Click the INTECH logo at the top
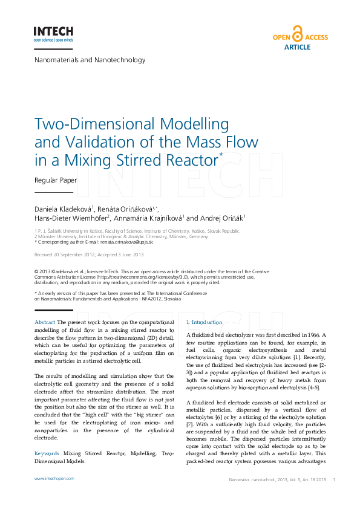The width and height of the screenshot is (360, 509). tap(53, 33)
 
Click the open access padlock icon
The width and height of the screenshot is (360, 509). tap(297, 33)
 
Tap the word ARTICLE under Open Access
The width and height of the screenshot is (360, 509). tap(297, 47)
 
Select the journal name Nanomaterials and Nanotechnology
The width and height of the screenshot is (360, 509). tap(90, 60)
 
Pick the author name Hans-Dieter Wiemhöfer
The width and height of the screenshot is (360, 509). tap(71, 218)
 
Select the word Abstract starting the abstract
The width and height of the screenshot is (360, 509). tap(45, 323)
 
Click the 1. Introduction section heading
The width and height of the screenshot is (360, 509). tap(205, 322)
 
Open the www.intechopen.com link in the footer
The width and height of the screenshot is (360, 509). tap(54, 478)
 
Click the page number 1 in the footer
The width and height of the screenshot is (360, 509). tap(334, 479)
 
